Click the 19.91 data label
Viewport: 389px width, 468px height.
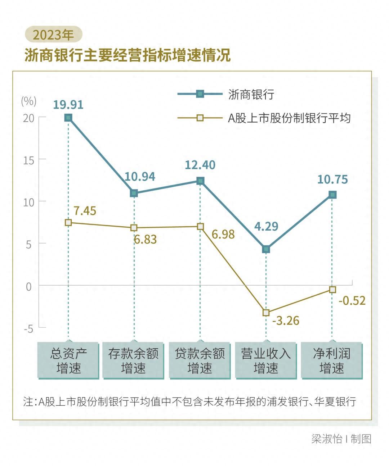point(68,105)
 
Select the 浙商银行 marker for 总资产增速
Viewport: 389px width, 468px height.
point(68,118)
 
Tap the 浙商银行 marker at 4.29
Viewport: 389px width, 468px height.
point(266,249)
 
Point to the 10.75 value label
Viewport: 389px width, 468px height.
point(332,179)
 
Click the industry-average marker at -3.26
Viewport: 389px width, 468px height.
point(266,313)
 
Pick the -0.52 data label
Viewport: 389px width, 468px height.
point(352,300)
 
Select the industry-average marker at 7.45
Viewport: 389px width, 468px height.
point(68,222)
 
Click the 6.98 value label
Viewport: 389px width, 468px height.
point(223,235)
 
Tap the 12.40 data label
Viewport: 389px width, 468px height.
point(200,165)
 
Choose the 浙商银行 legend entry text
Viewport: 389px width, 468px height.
point(251,95)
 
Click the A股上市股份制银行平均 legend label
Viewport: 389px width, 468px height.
point(289,118)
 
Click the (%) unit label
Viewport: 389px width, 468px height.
point(29,101)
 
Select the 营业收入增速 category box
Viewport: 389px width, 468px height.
point(266,360)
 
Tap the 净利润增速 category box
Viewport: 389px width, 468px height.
point(332,360)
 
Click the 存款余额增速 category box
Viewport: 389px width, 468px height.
point(134,360)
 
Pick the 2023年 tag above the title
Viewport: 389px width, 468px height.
point(54,35)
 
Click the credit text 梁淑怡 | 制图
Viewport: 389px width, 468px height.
point(341,439)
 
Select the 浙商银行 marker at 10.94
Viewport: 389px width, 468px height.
point(134,193)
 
